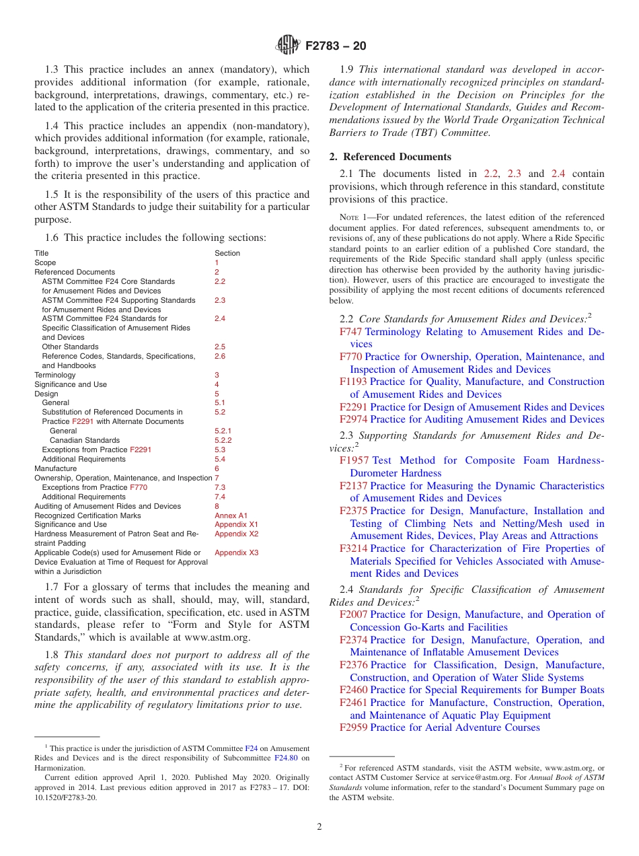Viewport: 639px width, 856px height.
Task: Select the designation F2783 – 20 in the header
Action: coord(336,46)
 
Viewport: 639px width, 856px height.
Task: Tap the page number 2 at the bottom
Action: coord(319,827)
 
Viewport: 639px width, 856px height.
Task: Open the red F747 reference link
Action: coord(351,332)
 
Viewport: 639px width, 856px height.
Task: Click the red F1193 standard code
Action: coord(353,382)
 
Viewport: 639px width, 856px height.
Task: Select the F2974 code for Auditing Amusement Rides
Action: coord(353,419)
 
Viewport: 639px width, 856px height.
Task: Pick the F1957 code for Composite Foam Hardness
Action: coord(354,460)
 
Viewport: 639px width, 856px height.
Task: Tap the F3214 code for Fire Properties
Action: coord(353,548)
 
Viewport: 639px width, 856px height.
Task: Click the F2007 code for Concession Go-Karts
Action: coord(353,614)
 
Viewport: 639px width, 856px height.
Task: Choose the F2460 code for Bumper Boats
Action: coord(353,690)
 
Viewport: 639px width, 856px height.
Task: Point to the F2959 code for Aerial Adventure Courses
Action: coord(353,727)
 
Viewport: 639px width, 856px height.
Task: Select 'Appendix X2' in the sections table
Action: coord(236,534)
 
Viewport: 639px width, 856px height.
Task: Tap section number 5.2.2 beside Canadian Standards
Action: coord(223,440)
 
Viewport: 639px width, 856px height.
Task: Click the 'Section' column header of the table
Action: coord(227,253)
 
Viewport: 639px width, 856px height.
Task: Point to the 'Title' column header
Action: coord(42,253)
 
